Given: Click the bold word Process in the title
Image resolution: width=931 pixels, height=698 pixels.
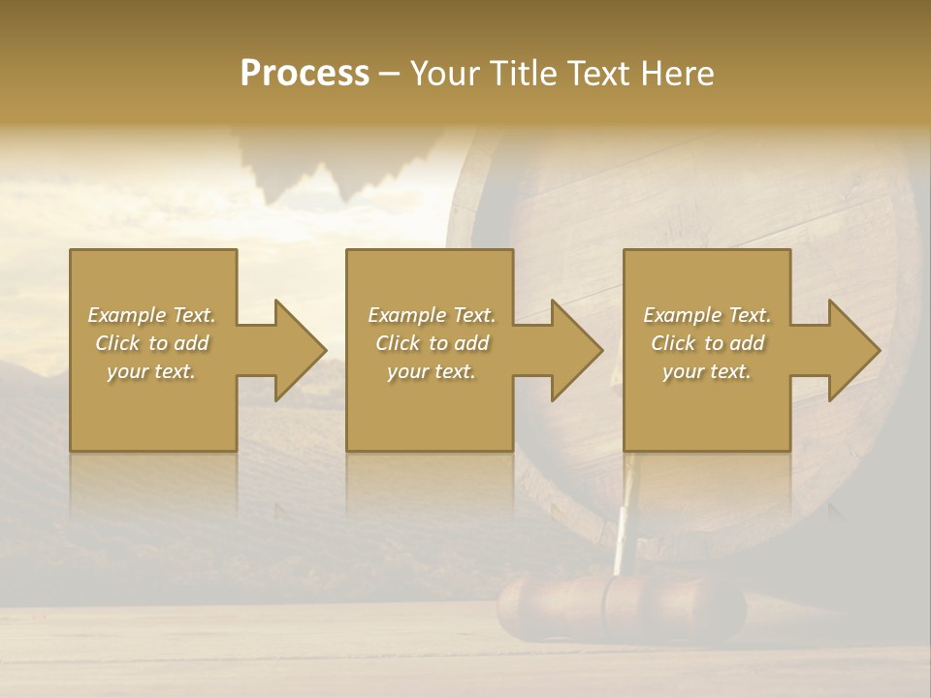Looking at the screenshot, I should (305, 74).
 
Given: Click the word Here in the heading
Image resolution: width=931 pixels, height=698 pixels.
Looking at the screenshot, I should (677, 74).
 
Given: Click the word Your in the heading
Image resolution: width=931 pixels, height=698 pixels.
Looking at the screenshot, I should (445, 74).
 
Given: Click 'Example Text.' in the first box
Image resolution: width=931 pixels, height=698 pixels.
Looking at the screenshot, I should (152, 315).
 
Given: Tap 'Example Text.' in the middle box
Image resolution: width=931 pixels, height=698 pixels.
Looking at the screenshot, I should (432, 315).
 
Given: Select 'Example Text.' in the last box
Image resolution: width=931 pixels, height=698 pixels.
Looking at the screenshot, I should (707, 315).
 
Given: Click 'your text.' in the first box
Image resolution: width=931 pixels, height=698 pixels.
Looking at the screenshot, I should (151, 371).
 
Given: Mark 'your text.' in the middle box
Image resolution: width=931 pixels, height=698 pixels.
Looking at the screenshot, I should (432, 371).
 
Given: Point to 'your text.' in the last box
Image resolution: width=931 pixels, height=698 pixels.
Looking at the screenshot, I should (707, 371).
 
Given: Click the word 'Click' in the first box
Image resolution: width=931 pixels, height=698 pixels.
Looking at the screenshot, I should (117, 343).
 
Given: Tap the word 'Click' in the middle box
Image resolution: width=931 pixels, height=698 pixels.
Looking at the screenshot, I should (398, 343).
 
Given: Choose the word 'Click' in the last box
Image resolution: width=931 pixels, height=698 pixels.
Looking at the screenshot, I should (673, 343).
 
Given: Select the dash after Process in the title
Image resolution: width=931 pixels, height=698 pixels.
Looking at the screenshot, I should (390, 74).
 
